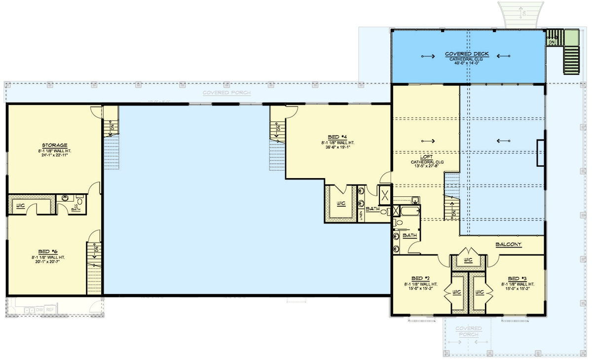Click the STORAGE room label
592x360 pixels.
(55, 145)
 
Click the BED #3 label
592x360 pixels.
(517, 278)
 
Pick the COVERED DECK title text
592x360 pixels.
(468, 54)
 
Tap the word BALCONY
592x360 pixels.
(509, 245)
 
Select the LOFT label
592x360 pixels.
(426, 157)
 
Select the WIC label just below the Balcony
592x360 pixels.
(468, 259)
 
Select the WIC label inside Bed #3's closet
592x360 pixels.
(479, 292)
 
